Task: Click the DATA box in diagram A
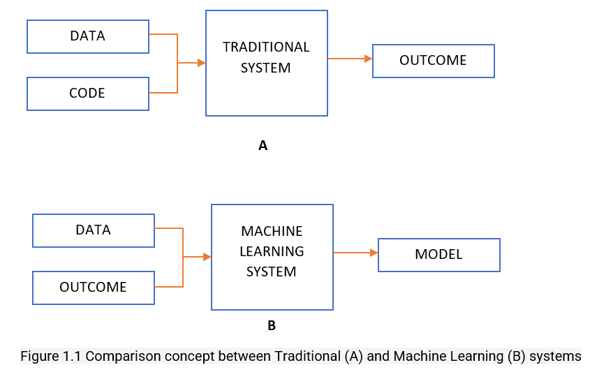pos(87,36)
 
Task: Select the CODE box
pos(87,93)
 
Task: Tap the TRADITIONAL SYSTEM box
pos(266,63)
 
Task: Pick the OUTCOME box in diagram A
pos(433,61)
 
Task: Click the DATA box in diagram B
pos(94,230)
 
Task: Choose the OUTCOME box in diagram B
pos(94,288)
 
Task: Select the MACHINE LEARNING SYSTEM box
pos(272,257)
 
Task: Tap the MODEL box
pos(438,255)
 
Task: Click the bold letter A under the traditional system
pos(263,146)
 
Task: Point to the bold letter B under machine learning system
pos(272,325)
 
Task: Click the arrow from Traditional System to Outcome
pos(350,59)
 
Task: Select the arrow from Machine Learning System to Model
pos(355,253)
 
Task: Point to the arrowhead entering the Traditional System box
pos(201,63)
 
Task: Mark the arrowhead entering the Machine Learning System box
pos(207,257)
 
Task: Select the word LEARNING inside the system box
pos(272,251)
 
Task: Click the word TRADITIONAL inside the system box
pos(266,47)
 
